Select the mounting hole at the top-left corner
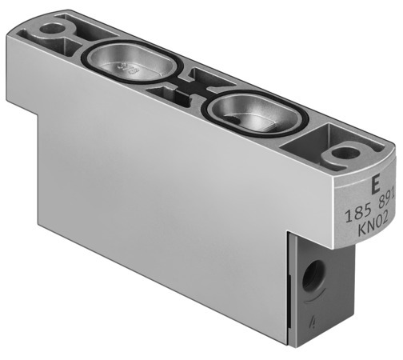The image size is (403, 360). coord(53,31)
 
